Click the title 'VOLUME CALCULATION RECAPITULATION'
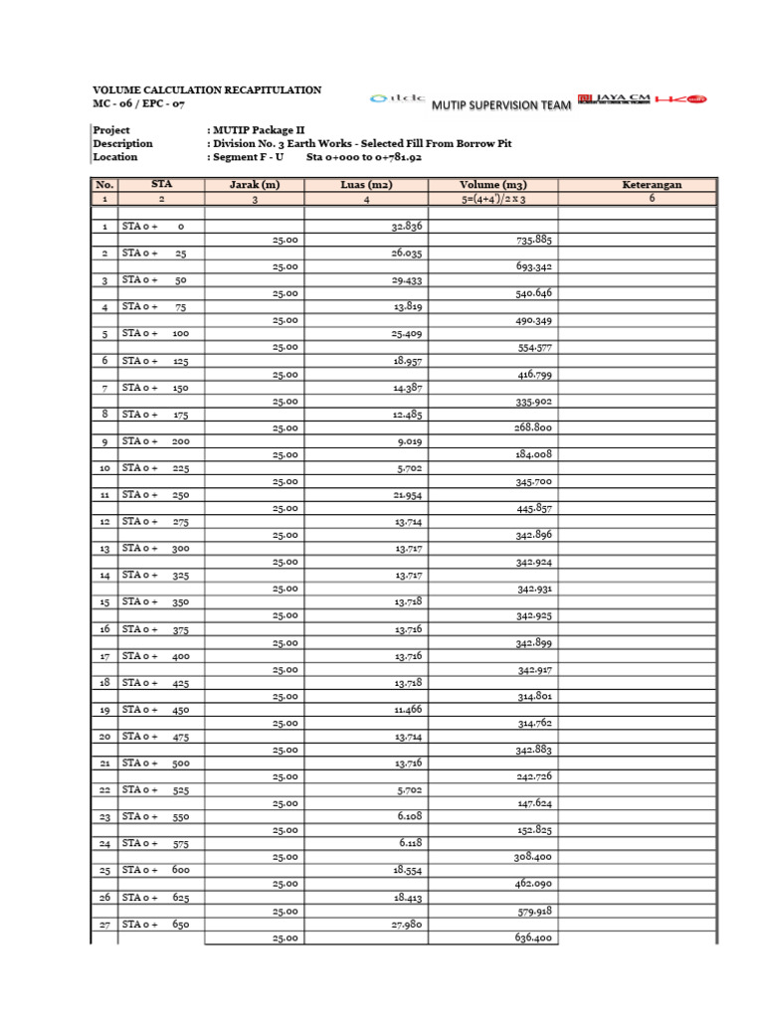(207, 89)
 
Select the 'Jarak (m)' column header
(254, 185)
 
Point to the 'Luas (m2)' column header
(366, 185)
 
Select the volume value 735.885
(533, 241)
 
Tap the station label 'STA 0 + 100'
(154, 334)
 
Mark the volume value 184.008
(533, 454)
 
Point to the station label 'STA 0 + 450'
(154, 710)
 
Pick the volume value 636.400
(533, 937)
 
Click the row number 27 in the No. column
(104, 925)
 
